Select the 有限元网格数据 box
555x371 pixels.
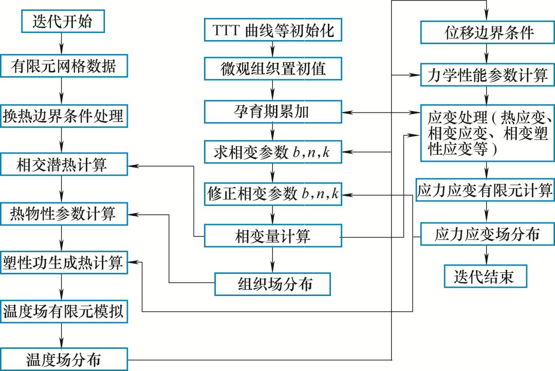[x=62, y=66]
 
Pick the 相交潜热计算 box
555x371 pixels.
[x=62, y=165]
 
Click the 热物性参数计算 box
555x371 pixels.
[x=63, y=214]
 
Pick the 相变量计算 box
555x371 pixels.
[x=273, y=236]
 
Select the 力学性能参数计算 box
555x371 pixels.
[x=487, y=76]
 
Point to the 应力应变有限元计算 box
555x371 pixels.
[x=485, y=191]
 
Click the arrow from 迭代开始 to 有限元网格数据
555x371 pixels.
[x=62, y=43]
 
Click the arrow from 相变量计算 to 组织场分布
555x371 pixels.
[x=273, y=261]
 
